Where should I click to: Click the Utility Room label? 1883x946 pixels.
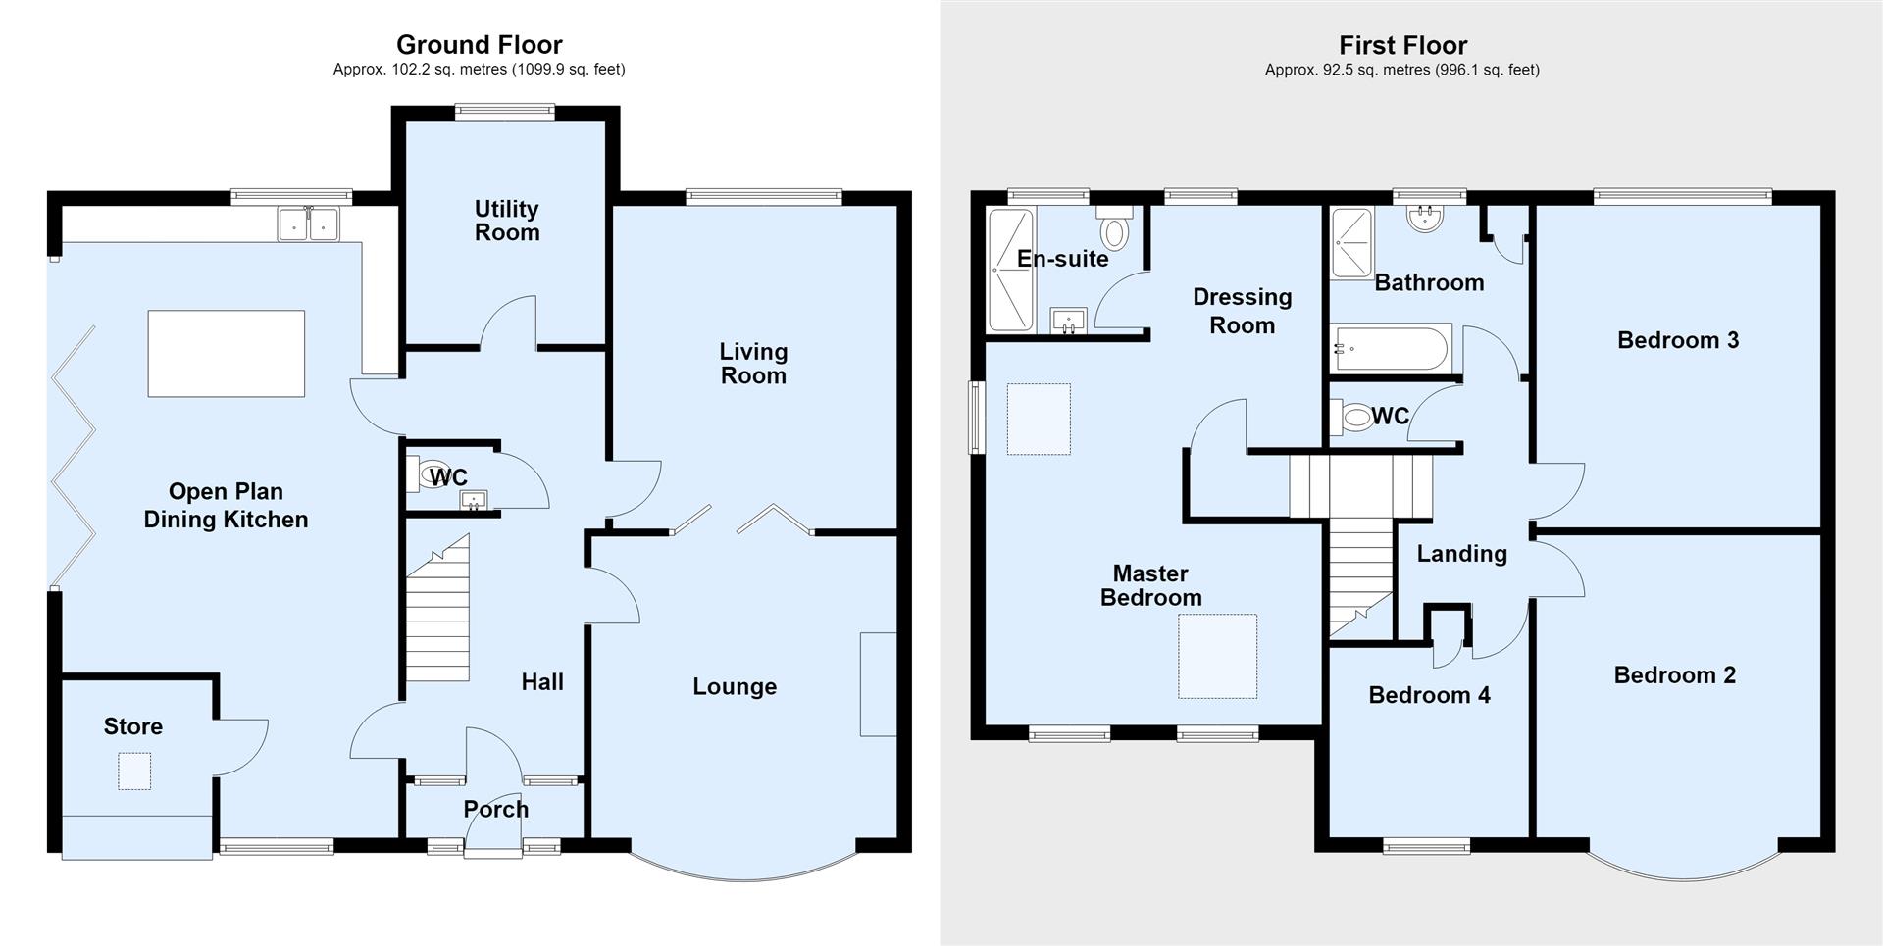(507, 221)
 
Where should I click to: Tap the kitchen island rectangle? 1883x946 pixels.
(227, 354)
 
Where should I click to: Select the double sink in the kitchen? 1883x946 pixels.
(308, 224)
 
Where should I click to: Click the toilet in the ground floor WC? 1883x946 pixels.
(432, 475)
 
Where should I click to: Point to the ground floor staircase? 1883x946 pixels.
(438, 609)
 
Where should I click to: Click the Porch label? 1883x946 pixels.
(496, 810)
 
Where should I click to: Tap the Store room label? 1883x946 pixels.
(133, 726)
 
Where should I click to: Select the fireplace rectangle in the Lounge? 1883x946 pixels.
(879, 684)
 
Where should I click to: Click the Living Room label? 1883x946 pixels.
(753, 364)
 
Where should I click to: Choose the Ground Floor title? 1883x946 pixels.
(480, 44)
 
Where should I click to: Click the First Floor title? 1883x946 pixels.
(1403, 45)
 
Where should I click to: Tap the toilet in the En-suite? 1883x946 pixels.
(1115, 226)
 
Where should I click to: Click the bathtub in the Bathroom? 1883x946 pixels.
(1390, 349)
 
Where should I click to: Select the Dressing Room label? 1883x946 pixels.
(1243, 311)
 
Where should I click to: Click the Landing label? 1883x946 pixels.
(1462, 554)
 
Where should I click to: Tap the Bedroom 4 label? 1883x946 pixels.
(1430, 695)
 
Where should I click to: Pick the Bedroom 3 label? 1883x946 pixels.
(1678, 340)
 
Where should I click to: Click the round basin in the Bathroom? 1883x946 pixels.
(1424, 217)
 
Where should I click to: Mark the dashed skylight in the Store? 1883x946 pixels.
(134, 772)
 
